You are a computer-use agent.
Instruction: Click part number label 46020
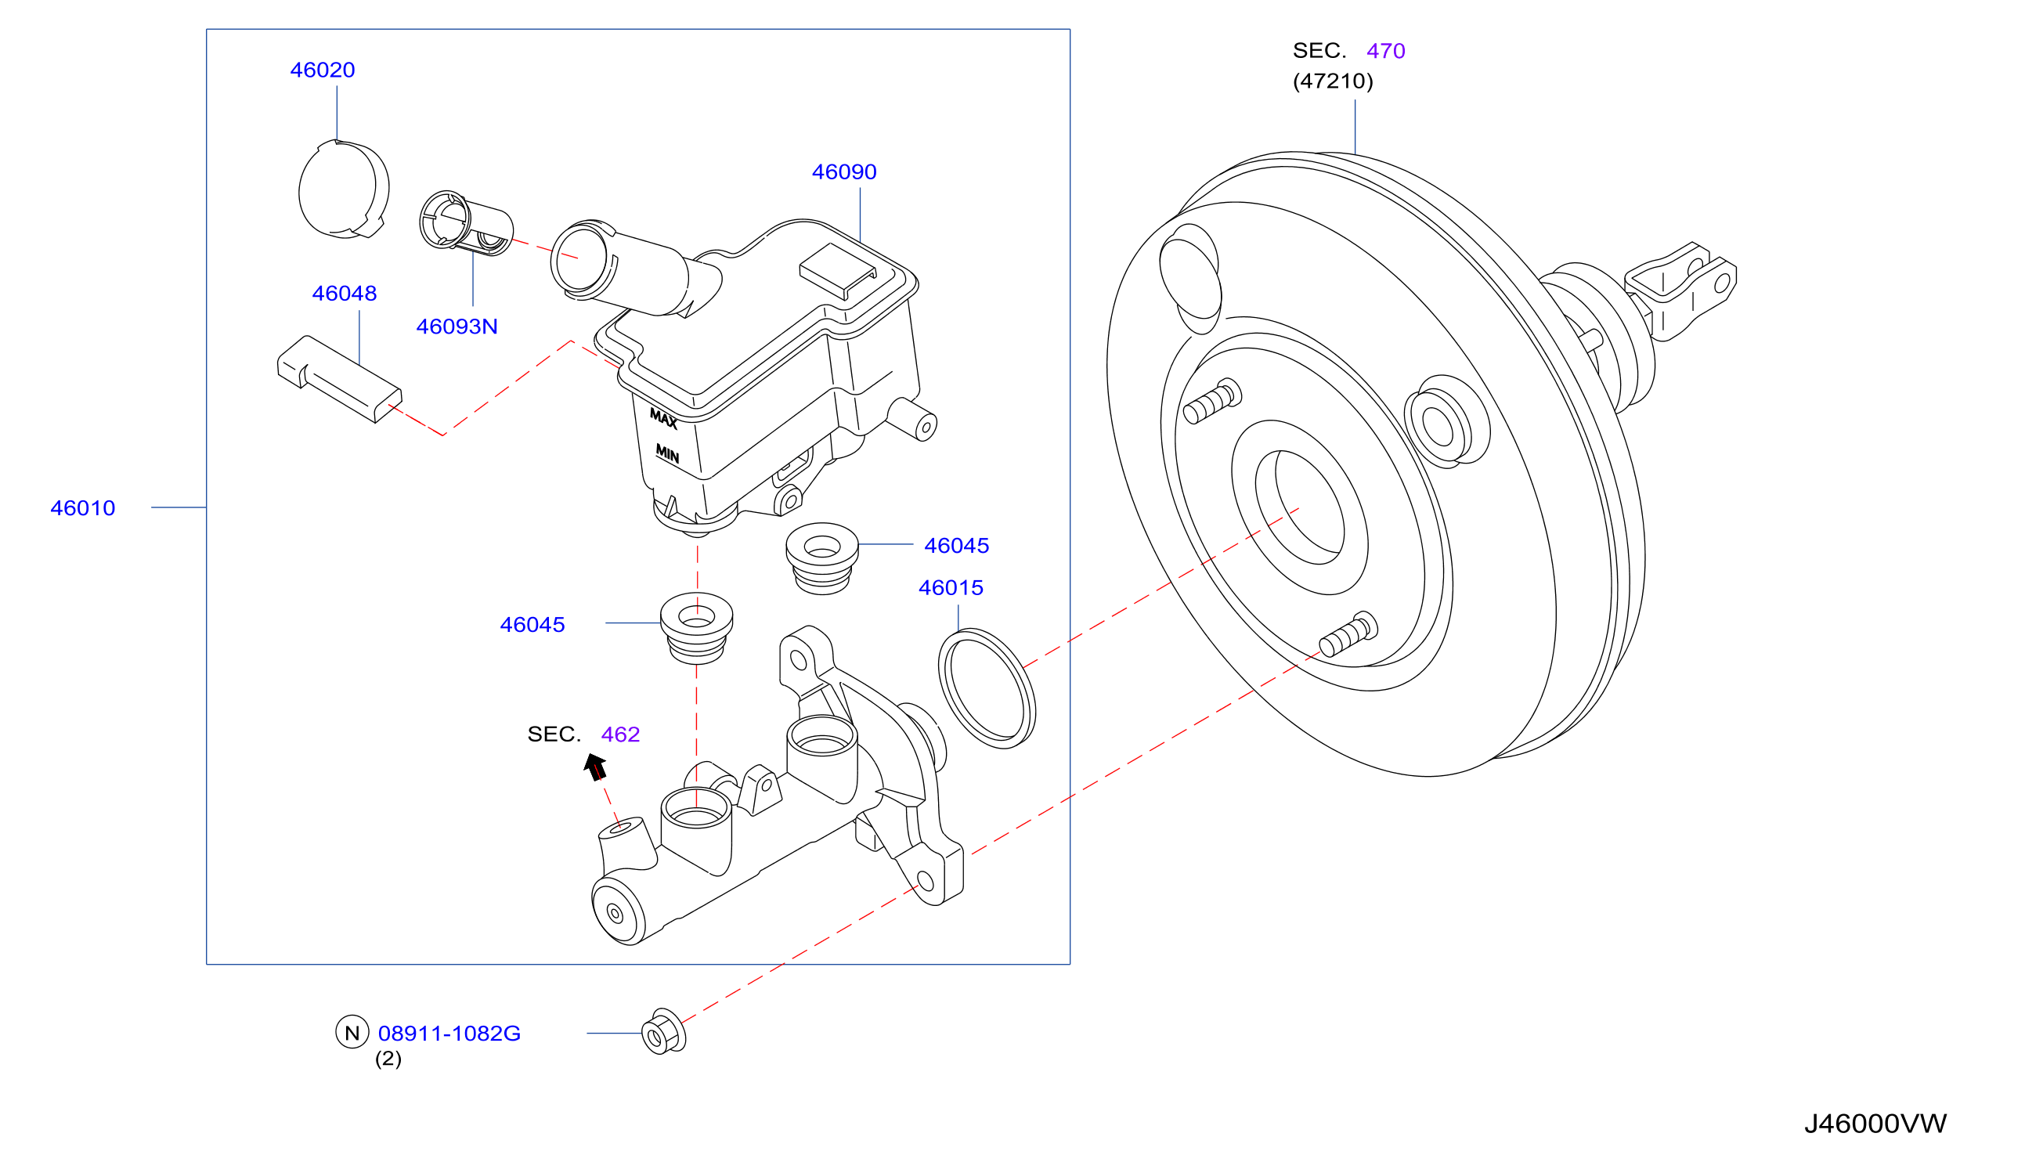tap(323, 70)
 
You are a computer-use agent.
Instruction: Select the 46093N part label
tap(457, 327)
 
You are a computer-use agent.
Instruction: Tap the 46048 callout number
tap(344, 294)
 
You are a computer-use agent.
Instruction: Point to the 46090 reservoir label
tap(844, 172)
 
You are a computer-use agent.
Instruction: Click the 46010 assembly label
tap(83, 508)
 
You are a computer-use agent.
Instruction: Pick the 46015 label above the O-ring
tap(951, 588)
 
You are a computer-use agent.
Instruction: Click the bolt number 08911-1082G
tap(449, 1034)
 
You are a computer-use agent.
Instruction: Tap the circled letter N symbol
tap(352, 1032)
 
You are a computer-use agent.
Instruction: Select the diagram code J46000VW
tap(1875, 1124)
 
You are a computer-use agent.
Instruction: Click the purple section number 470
tap(1386, 51)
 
